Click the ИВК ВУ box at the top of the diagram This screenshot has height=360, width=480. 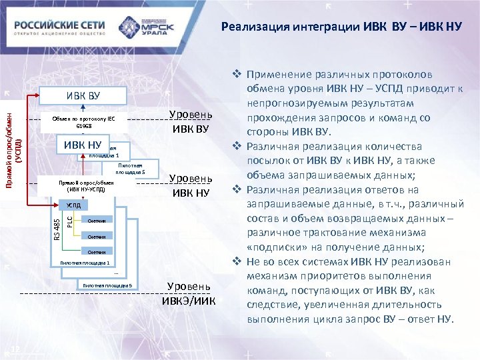pyautogui.click(x=83, y=95)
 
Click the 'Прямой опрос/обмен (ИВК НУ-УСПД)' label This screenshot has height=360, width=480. pyautogui.click(x=86, y=185)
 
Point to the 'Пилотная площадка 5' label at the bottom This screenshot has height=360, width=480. pyautogui.click(x=108, y=285)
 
